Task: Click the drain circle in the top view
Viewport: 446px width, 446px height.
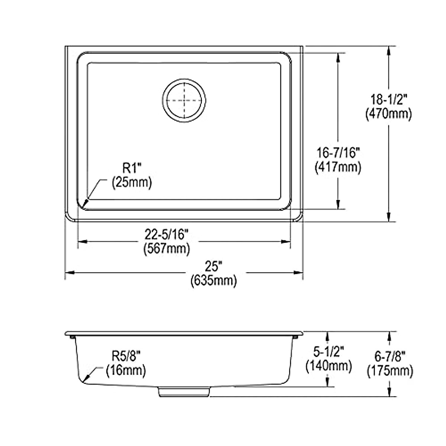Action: (x=184, y=100)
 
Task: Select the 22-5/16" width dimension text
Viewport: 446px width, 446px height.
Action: (x=167, y=235)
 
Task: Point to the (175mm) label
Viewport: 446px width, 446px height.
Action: (x=390, y=371)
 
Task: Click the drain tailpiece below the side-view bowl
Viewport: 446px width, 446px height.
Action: (x=184, y=392)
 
